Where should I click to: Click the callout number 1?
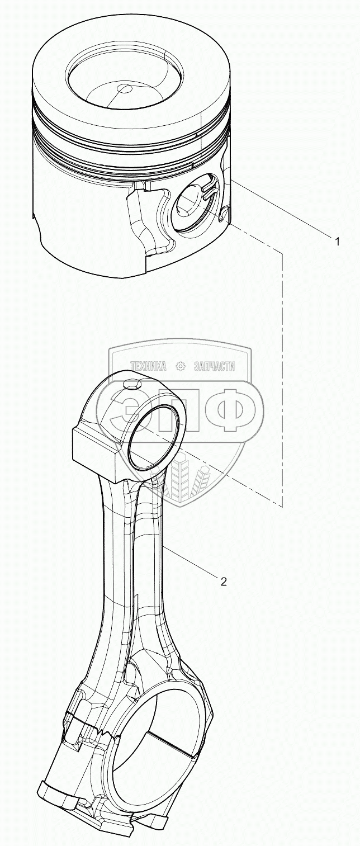pyautogui.click(x=337, y=241)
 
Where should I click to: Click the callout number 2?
pyautogui.click(x=224, y=582)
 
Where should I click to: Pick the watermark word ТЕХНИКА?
pyautogui.click(x=149, y=366)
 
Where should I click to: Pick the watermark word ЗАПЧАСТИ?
pyautogui.click(x=214, y=366)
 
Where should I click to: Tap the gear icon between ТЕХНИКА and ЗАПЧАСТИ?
pyautogui.click(x=181, y=366)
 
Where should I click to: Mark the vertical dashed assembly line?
pyautogui.click(x=282, y=380)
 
